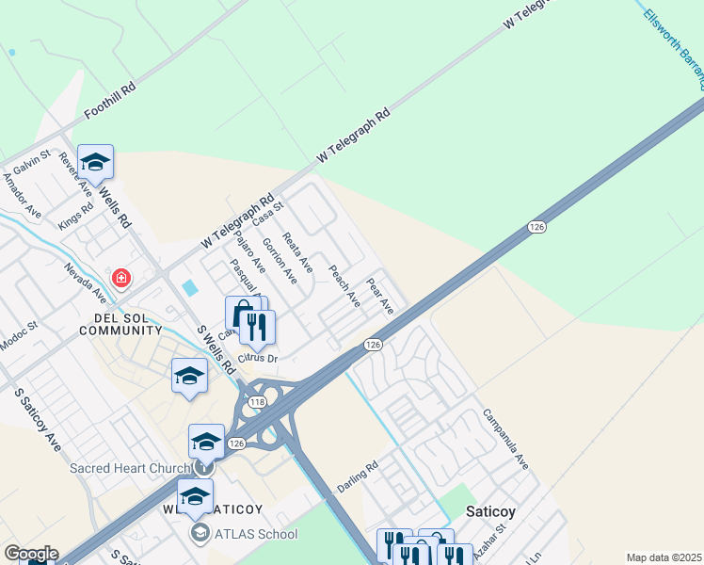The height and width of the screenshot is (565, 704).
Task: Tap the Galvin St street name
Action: point(31,166)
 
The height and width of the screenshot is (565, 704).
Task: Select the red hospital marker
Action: point(120,278)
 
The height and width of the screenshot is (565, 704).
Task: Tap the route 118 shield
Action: point(256,402)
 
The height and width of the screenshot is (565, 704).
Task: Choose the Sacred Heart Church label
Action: point(131,467)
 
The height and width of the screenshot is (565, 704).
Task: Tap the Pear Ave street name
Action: point(381,296)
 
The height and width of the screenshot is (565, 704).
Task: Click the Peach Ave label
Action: point(344,285)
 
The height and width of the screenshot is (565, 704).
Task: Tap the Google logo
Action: point(31,554)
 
